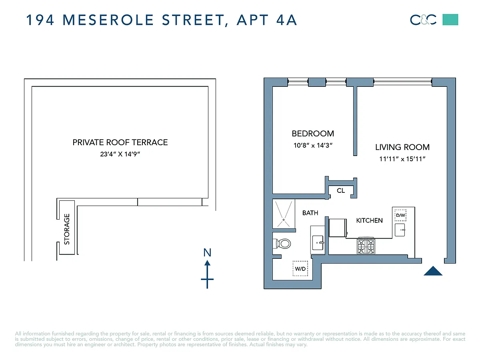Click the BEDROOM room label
click(x=313, y=134)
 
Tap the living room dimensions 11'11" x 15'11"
click(x=402, y=159)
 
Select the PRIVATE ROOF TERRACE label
click(x=120, y=142)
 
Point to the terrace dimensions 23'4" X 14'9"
click(x=120, y=154)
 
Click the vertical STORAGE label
click(x=67, y=229)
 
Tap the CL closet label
click(x=341, y=191)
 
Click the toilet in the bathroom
click(x=282, y=243)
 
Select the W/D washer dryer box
click(x=300, y=268)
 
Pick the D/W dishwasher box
click(x=401, y=215)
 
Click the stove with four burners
click(x=366, y=246)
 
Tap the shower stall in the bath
click(x=284, y=214)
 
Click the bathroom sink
click(x=318, y=243)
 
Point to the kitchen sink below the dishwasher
click(x=400, y=230)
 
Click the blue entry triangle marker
click(x=433, y=271)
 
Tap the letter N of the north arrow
click(x=207, y=253)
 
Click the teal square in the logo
click(x=450, y=20)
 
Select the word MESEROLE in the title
click(x=108, y=20)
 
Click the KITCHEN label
click(x=369, y=220)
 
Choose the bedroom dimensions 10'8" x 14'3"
click(x=313, y=145)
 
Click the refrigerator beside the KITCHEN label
click(x=338, y=228)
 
